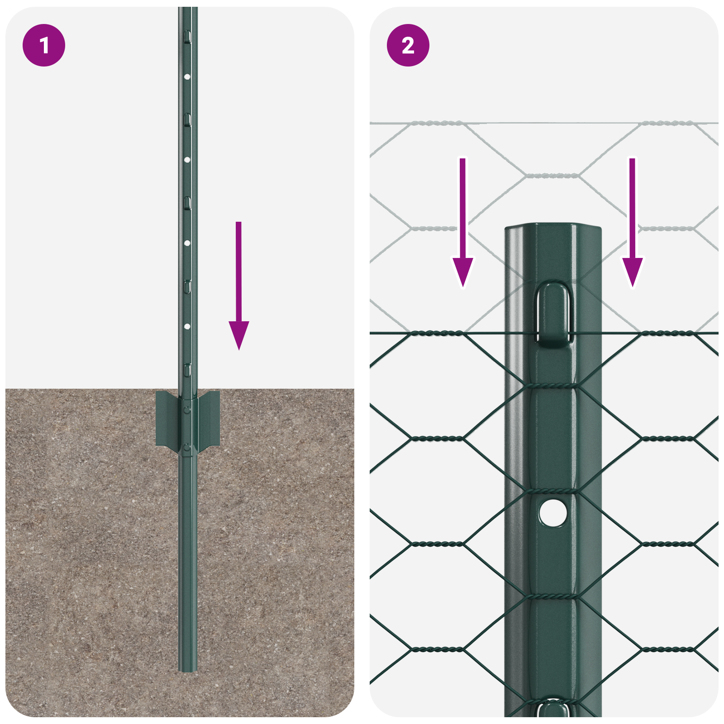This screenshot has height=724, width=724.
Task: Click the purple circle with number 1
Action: pos(44,45)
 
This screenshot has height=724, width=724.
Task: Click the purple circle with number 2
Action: pos(408,45)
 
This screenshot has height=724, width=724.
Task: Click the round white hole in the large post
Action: pos(553,513)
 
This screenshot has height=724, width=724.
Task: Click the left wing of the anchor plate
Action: pos(167,419)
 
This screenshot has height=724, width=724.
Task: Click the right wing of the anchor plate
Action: pos(209,419)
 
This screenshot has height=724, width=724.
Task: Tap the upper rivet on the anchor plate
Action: pos(187,410)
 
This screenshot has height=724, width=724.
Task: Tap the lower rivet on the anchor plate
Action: pos(187,448)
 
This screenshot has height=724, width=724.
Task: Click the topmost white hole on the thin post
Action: pos(187,77)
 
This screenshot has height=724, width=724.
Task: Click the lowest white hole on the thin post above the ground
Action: pos(187,326)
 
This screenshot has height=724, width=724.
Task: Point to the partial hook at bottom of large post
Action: pos(553,708)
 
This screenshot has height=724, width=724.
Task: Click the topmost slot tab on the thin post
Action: pos(187,37)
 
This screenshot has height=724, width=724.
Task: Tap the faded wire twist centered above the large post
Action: pos(553,175)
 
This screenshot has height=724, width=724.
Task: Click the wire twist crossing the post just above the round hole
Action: pos(553,491)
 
